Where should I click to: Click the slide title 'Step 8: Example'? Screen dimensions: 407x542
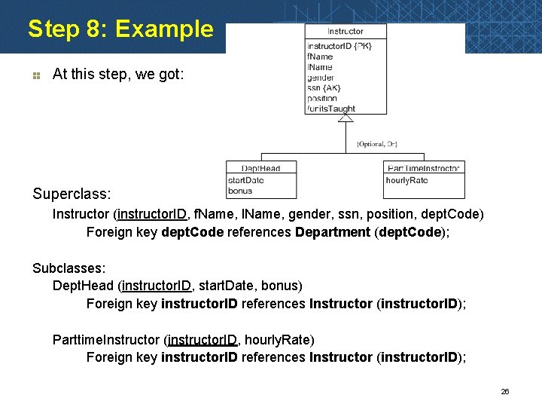[x=120, y=29]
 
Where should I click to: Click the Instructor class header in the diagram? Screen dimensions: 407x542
[x=346, y=32]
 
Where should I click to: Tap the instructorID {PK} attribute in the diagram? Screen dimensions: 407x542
[x=339, y=46]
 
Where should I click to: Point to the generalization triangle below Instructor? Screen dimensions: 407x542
[x=346, y=115]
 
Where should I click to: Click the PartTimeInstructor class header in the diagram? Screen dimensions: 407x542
[x=423, y=168]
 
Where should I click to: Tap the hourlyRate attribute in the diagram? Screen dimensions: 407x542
[x=406, y=181]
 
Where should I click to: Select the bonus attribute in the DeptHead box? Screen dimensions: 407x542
[x=240, y=191]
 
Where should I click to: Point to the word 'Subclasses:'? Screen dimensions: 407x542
[x=69, y=268]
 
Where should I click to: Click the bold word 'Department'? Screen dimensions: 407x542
[x=333, y=232]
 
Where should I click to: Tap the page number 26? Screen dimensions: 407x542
[x=505, y=392]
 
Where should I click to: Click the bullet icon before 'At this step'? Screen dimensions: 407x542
[x=35, y=75]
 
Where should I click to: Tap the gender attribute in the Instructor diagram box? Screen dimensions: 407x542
[x=321, y=77]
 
